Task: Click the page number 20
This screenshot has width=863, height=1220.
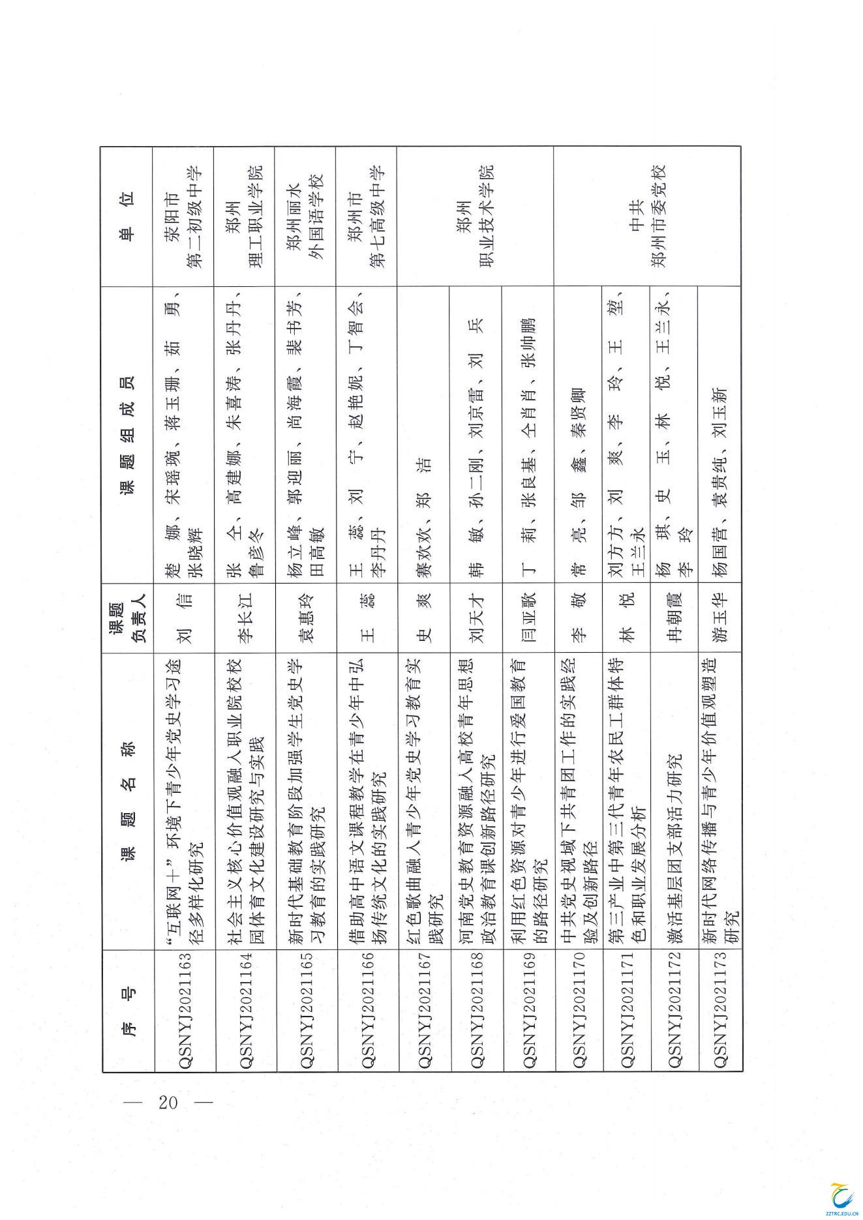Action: coord(168,1102)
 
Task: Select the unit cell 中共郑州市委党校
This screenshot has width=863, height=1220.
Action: coord(646,216)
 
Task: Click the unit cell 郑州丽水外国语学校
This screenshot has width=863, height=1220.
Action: coord(305,216)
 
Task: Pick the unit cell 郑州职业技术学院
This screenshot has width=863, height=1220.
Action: coord(475,216)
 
